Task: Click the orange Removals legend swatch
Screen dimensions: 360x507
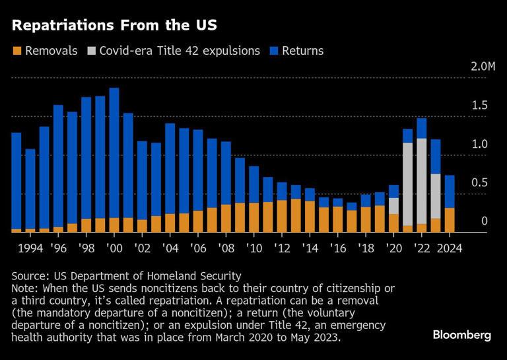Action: (17, 51)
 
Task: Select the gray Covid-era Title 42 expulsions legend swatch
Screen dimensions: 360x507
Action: (91, 51)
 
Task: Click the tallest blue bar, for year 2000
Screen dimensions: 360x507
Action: (114, 152)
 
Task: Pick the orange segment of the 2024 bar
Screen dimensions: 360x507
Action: (449, 220)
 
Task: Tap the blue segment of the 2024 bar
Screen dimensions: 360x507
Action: (449, 192)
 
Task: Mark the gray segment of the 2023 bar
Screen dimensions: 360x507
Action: (435, 196)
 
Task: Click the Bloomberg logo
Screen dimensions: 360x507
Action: (461, 335)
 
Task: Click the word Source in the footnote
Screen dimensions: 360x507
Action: (30, 276)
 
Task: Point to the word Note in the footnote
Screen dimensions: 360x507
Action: (25, 289)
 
